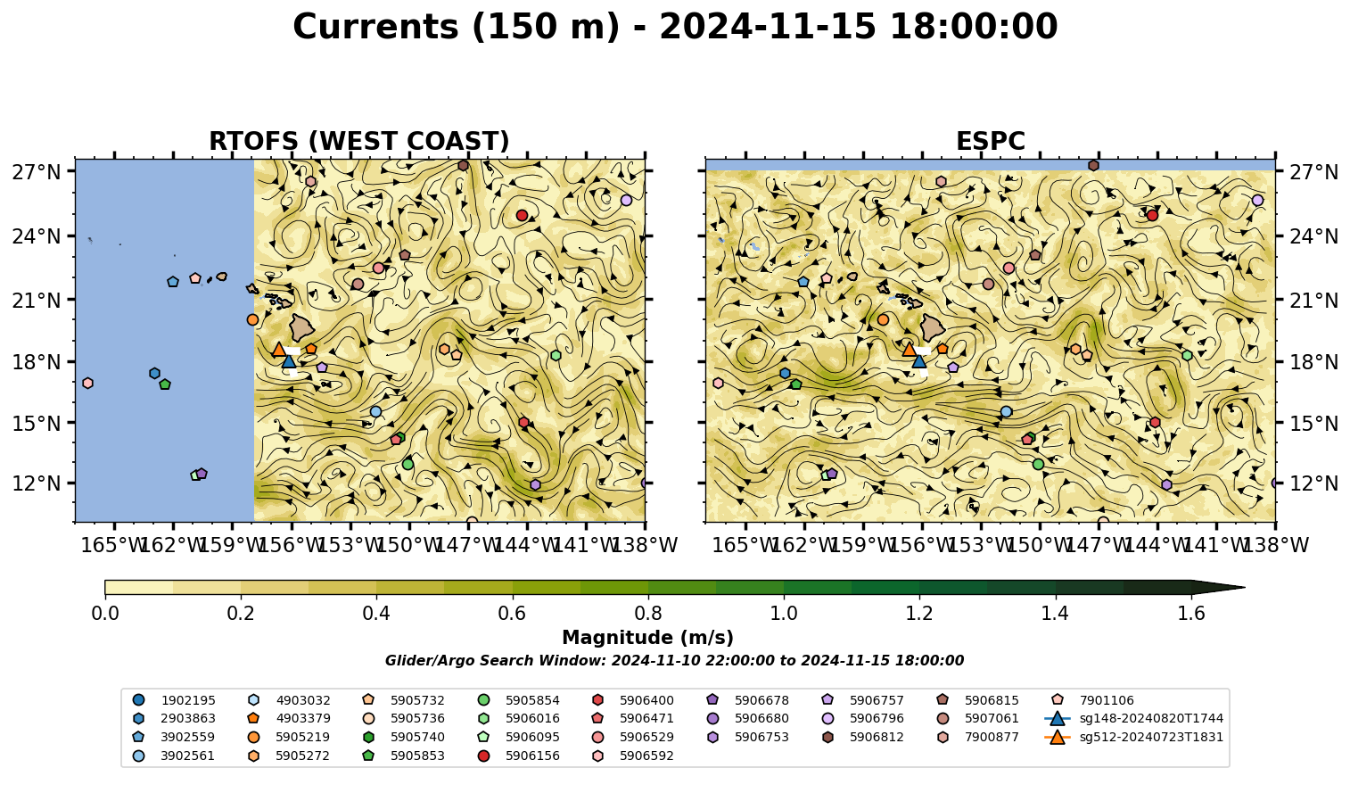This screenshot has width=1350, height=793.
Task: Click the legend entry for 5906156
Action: (x=522, y=756)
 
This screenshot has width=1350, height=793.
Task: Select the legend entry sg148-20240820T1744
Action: (x=1133, y=718)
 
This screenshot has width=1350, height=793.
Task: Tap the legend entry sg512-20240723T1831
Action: (x=1133, y=737)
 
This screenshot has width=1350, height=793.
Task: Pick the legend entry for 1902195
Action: (x=174, y=700)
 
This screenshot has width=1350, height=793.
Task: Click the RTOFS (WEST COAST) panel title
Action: (x=359, y=141)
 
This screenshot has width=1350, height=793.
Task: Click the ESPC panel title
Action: (x=990, y=141)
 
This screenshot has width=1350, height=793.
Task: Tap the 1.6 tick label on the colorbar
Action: (x=1191, y=614)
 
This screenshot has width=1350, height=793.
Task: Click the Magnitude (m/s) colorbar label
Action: (x=648, y=638)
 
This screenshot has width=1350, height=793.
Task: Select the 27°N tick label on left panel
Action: (x=37, y=172)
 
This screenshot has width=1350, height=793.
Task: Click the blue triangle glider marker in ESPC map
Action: (x=919, y=361)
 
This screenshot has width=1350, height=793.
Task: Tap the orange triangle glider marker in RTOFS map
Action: (x=278, y=349)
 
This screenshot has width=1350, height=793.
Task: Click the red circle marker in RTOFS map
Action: (x=522, y=215)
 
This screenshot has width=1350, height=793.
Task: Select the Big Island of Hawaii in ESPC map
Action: (x=933, y=328)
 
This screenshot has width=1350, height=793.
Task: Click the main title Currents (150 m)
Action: (x=457, y=27)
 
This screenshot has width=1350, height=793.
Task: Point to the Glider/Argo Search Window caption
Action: (x=674, y=660)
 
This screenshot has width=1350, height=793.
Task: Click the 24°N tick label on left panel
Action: (x=37, y=235)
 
